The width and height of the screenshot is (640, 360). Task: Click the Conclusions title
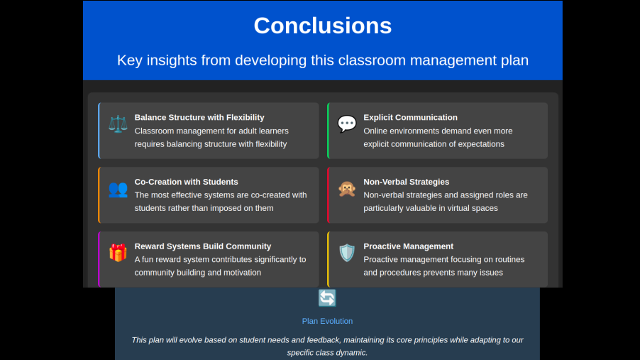tap(322, 26)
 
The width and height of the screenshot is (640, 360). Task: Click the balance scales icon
tap(118, 124)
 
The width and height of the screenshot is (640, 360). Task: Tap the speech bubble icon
tap(347, 124)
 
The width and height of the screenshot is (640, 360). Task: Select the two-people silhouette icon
tap(118, 189)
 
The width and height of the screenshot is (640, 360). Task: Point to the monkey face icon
tap(347, 189)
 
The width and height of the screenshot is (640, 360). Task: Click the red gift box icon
tap(118, 253)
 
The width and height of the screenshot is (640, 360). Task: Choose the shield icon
tap(347, 253)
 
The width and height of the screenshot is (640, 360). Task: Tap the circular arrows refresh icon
tap(327, 298)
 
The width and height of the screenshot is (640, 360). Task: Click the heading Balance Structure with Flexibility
tap(199, 118)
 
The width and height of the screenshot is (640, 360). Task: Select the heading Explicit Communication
tap(411, 118)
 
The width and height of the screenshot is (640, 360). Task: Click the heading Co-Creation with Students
tap(186, 182)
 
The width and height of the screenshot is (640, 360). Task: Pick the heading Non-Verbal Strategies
tap(407, 182)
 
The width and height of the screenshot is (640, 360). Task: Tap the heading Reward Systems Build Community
tap(203, 246)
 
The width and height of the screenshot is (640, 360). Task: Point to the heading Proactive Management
tap(409, 246)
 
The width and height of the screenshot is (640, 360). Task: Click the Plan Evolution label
tap(327, 321)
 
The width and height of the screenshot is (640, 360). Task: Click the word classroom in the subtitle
tap(372, 60)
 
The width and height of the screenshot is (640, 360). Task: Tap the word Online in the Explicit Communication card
tap(375, 131)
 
